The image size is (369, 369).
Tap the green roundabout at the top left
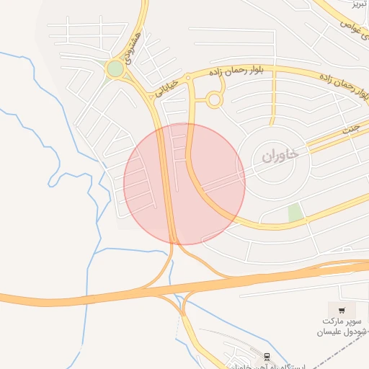pos(115,68)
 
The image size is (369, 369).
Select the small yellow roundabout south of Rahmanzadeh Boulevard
pos(213,100)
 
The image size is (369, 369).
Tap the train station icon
pos(267,357)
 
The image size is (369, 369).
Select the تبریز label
pos(358,4)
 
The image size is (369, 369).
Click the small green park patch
pos(294,213)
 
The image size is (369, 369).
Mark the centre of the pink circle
pos(184,184)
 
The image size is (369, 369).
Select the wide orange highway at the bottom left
pos(43,298)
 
